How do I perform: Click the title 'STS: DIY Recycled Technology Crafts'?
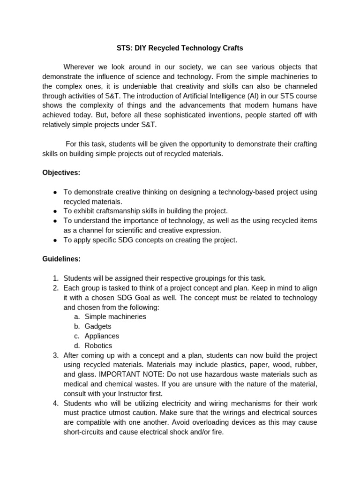tap(180, 48)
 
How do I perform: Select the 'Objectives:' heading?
tap(61, 172)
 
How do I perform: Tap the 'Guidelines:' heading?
tap(61, 259)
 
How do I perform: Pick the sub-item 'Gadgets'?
tap(98, 326)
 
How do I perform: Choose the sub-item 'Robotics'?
tap(98, 345)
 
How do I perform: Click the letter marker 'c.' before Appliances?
tap(77, 336)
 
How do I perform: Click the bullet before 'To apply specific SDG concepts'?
tap(55, 240)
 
